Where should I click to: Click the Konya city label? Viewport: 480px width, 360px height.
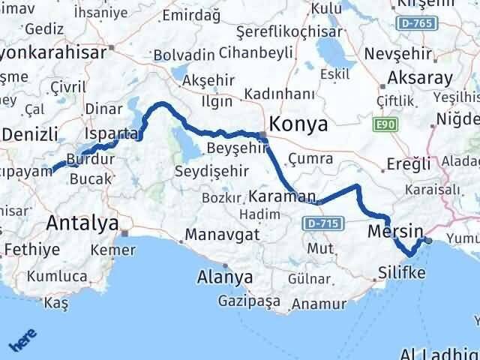tap(298, 124)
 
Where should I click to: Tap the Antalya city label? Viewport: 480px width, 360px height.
tap(82, 222)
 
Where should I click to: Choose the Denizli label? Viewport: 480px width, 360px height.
tap(30, 135)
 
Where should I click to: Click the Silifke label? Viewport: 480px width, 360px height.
tap(402, 272)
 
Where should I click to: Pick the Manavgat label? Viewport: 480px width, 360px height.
tap(223, 234)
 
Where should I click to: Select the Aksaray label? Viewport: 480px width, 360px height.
tap(420, 78)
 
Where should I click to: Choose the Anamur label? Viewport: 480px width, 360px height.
tap(319, 304)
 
